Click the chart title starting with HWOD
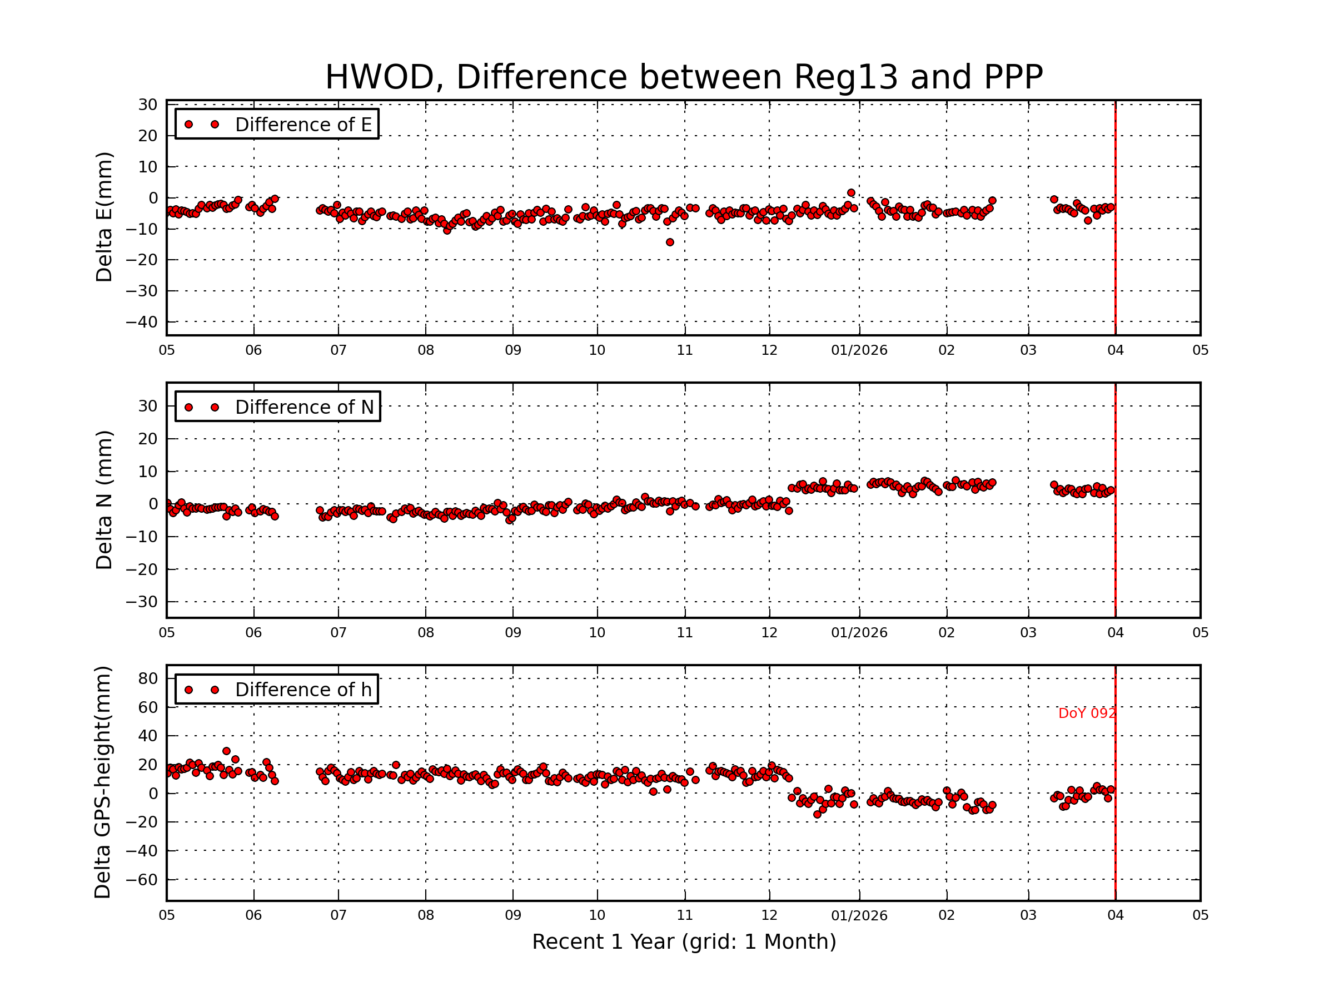coord(683,77)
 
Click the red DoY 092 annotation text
coord(1086,713)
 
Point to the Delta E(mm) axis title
coord(104,217)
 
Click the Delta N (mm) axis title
coord(104,499)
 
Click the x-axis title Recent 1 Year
coord(683,942)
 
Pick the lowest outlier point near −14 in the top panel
coord(669,242)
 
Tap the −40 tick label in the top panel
coord(141,322)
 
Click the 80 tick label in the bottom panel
coord(148,679)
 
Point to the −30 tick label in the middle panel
coord(141,602)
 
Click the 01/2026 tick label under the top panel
coord(859,350)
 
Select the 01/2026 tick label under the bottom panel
coord(859,916)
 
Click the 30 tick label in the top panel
coord(148,105)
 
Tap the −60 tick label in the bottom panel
coord(141,880)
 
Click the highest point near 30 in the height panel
coord(226,751)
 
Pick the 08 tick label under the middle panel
coord(425,633)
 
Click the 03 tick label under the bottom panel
coord(1028,916)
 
